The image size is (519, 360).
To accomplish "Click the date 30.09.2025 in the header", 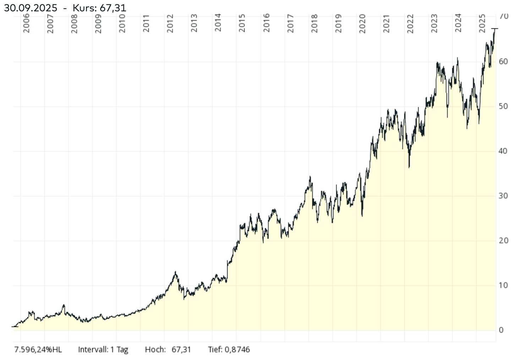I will (x=31, y=8).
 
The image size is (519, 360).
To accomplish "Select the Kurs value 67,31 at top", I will (x=113, y=8).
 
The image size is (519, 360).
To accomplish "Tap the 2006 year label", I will (x=26, y=24).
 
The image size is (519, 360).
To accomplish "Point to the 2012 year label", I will (x=170, y=24).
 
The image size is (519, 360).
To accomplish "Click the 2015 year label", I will (x=242, y=24).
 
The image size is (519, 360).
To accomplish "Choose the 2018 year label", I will (x=314, y=24).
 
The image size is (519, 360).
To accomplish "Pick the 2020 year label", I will (x=362, y=24).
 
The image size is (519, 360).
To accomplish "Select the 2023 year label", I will (x=434, y=24).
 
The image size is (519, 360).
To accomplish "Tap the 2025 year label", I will (x=482, y=24).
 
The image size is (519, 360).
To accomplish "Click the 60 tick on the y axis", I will (x=503, y=61).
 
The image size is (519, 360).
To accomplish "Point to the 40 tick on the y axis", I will (x=503, y=151).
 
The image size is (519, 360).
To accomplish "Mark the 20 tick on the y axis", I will (x=503, y=240).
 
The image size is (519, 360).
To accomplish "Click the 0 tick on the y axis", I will (x=501, y=330).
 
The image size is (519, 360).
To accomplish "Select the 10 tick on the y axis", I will (x=503, y=285).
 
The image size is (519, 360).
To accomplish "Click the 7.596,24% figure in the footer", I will (x=33, y=350).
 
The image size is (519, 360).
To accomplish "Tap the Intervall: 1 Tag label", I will (x=103, y=350).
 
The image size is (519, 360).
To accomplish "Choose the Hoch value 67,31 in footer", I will (x=181, y=350).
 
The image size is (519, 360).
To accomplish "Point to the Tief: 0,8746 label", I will (x=229, y=350).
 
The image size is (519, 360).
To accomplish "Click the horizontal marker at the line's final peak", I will (x=495, y=29).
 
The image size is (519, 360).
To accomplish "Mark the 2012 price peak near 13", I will (x=175, y=272).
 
